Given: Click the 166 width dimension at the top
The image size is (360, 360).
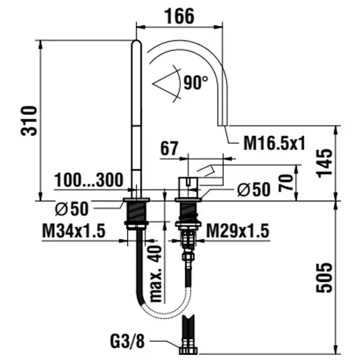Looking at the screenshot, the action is click(x=179, y=16).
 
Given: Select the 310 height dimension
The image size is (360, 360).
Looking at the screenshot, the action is click(x=29, y=121).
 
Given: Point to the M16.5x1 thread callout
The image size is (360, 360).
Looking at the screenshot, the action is click(x=274, y=143).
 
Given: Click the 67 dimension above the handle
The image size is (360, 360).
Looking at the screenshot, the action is click(x=169, y=148).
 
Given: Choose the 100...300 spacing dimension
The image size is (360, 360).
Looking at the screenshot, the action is click(x=89, y=180).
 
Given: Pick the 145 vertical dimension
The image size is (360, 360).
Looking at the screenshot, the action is click(x=324, y=163).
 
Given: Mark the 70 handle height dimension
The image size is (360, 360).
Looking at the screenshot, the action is click(x=286, y=183).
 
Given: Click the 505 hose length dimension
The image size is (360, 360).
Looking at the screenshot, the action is click(x=324, y=278).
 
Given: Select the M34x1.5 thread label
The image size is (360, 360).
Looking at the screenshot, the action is click(x=74, y=231).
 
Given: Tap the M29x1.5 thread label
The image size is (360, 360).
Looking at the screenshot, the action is click(x=238, y=231).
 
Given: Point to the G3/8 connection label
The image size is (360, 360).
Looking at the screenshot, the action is click(x=128, y=341).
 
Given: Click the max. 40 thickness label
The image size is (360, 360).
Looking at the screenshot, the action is click(x=155, y=274).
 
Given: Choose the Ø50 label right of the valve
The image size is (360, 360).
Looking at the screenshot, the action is click(x=254, y=190).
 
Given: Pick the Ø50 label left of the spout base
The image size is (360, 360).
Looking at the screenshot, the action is click(x=71, y=209).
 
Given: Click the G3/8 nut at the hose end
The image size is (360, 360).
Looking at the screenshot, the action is click(x=188, y=350).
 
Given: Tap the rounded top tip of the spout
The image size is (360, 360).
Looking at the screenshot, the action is click(x=137, y=43).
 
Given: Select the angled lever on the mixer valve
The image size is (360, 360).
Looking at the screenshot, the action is click(x=206, y=171).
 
